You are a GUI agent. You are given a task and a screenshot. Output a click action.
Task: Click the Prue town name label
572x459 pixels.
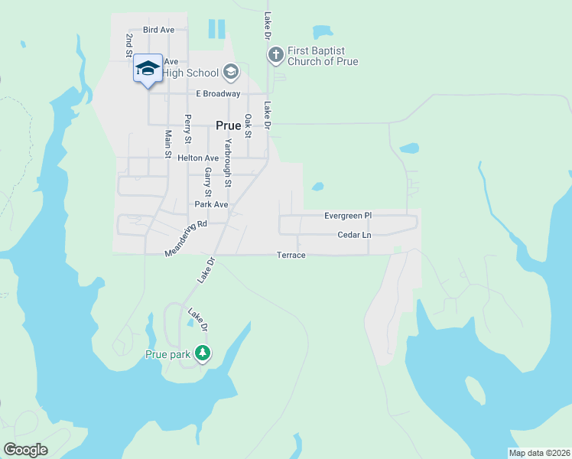229,126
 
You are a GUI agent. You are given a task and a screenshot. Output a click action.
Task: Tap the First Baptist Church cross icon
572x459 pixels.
275,54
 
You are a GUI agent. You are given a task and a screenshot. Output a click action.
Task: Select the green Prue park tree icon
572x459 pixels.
202,353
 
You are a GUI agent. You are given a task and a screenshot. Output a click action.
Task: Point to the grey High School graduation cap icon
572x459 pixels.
231,73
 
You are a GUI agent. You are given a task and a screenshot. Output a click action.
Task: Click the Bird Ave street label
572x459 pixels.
158,30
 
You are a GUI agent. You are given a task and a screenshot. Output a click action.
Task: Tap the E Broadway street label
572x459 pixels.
218,94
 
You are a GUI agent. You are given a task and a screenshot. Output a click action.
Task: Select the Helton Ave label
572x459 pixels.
198,158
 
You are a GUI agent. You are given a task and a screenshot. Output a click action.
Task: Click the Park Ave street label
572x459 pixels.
211,204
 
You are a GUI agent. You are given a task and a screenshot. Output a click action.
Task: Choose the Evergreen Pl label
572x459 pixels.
347,216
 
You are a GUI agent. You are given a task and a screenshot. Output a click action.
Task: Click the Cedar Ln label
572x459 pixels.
354,235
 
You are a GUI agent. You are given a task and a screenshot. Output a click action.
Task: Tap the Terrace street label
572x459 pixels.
291,255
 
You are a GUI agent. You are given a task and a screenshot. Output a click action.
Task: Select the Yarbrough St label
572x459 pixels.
227,163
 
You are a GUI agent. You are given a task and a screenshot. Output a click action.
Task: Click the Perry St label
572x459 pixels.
187,129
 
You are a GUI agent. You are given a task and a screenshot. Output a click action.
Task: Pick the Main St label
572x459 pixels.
168,144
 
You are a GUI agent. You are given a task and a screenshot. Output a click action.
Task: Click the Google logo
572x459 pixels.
25,450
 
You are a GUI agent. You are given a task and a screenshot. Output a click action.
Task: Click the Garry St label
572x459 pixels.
207,183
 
